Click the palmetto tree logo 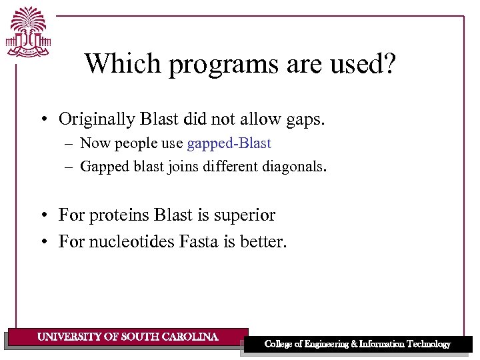(x=29, y=31)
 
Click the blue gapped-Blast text (x=229, y=143)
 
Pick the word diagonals (x=293, y=167)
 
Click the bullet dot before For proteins (x=43, y=216)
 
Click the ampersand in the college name (x=353, y=344)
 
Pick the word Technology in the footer (x=425, y=344)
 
